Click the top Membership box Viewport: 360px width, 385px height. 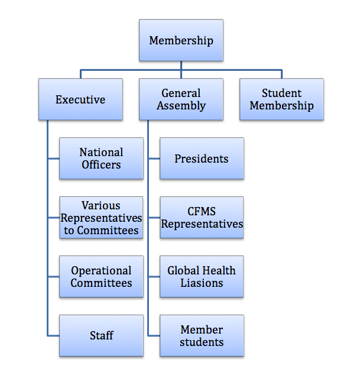[x=181, y=40]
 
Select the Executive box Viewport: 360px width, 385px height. [x=80, y=99]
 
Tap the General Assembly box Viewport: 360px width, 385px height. [x=181, y=99]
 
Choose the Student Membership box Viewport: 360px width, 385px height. [x=282, y=99]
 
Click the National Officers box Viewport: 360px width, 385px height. [x=101, y=158]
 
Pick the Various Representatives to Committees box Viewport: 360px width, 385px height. [x=101, y=218]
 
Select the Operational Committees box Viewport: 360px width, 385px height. [x=101, y=276]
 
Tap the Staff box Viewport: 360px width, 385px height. [x=101, y=336]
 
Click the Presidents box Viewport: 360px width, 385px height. [x=202, y=158]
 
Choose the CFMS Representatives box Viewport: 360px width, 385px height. [x=202, y=218]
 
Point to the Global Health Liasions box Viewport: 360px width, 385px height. [x=202, y=276]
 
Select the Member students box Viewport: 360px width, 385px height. [x=202, y=336]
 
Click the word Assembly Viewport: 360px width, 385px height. [x=181, y=106]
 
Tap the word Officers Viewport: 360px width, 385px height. [x=101, y=165]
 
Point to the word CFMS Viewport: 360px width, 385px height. [x=202, y=211]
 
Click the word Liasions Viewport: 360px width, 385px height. [x=202, y=283]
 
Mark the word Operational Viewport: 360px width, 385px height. [x=101, y=271]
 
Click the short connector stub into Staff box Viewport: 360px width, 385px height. [x=53, y=335]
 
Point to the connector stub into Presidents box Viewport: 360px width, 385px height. [x=154, y=158]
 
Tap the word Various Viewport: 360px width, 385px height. [x=101, y=206]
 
